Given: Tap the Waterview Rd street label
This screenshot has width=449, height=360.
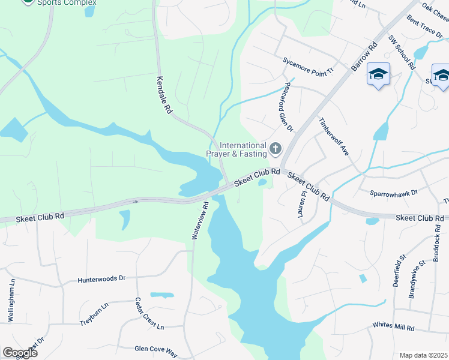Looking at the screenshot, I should (200, 221).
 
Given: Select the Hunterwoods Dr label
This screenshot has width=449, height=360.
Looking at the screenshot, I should (101, 279).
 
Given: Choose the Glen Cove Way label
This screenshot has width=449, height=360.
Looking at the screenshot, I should (156, 348).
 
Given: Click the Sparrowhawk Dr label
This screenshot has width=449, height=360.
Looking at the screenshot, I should (394, 194).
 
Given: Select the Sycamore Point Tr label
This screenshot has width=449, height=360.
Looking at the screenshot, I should (308, 66).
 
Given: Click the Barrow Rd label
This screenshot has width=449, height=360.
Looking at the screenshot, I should (364, 56).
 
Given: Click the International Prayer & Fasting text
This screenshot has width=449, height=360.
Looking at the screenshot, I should (237, 149).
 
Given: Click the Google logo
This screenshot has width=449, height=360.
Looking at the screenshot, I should (20, 353).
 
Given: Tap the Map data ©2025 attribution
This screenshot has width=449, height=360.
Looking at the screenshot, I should (423, 355).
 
